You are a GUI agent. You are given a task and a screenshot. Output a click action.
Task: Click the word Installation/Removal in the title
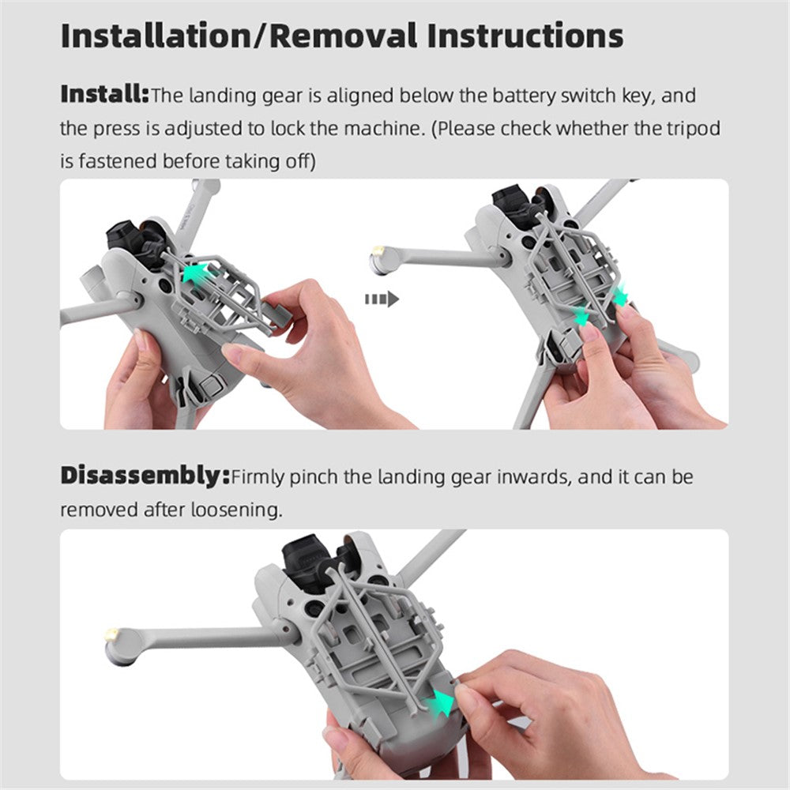pos(239,36)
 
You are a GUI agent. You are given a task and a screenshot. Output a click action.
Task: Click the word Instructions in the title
pos(525,36)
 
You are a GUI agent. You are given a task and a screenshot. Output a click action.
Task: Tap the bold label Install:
pos(105,94)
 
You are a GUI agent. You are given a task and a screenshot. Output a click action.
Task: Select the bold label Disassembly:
pos(145,476)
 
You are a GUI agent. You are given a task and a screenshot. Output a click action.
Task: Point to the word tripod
pos(694,129)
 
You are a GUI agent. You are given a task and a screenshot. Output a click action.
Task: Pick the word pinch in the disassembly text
pos(314,477)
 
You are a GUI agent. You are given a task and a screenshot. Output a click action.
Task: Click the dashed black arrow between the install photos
pos(382,299)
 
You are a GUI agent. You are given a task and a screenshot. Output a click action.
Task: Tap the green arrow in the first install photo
pos(198,273)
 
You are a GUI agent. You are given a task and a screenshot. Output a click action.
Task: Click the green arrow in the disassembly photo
pos(438,702)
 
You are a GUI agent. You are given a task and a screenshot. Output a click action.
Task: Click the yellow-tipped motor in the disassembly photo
pos(119,647)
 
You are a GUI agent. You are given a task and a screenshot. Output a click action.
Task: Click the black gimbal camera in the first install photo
pos(136,243)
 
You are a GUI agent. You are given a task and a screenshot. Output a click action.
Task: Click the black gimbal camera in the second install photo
pos(519,208)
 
